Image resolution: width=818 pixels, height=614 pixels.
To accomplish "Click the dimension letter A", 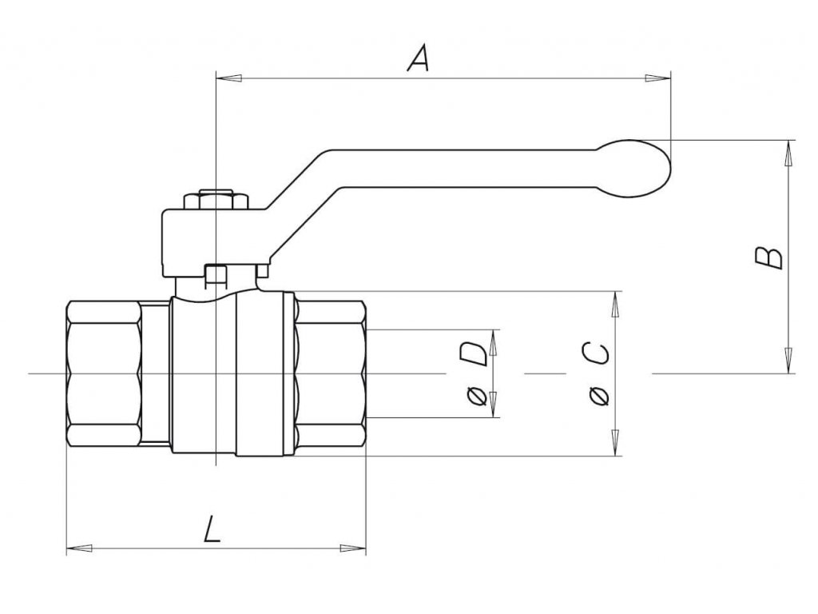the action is [419, 59].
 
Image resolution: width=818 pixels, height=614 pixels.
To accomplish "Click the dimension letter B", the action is [768, 257].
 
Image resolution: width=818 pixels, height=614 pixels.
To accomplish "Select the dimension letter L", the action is [212, 529].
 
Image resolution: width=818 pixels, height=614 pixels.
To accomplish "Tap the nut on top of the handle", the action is [217, 199].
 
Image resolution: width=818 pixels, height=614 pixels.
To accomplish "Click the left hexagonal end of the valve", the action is [104, 373].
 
